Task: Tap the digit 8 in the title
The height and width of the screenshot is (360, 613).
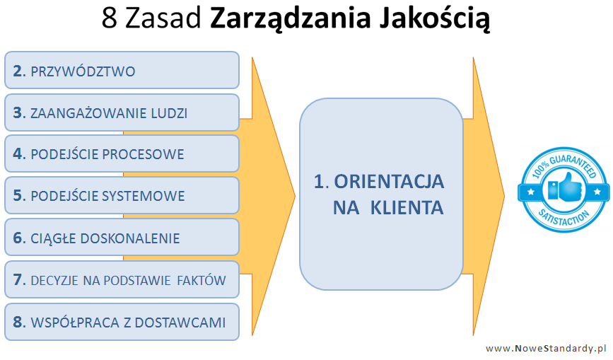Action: [110, 18]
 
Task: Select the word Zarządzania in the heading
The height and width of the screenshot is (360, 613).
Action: [290, 20]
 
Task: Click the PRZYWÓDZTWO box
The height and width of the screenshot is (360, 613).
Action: [122, 70]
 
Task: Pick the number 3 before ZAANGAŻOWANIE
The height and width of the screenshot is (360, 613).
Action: [18, 113]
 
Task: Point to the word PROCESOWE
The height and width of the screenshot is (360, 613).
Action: [143, 154]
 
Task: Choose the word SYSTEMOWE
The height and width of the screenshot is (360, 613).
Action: [144, 196]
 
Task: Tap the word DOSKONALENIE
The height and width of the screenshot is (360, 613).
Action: [130, 238]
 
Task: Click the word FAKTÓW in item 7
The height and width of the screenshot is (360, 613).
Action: [202, 280]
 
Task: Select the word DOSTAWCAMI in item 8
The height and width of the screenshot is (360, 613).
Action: [180, 323]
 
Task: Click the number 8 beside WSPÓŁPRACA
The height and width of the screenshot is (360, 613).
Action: [18, 322]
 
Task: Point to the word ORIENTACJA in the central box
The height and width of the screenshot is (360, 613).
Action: [389, 181]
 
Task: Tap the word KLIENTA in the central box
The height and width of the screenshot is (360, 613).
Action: [407, 207]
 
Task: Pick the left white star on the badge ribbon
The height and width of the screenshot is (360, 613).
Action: [531, 192]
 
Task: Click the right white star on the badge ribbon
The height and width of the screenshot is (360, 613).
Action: [597, 192]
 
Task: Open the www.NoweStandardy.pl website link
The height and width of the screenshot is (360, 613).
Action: [546, 349]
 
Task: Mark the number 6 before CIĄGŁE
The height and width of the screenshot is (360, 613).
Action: [18, 238]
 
